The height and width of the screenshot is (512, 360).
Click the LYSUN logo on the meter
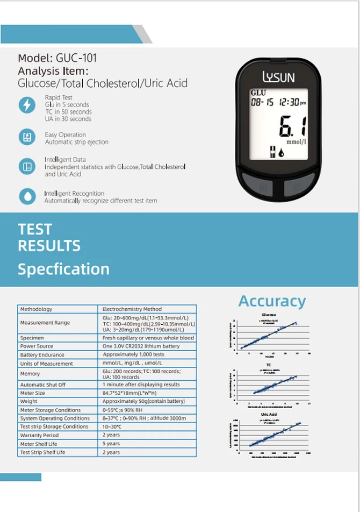(x=278, y=77)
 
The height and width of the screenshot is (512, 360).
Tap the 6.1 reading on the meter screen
(x=292, y=127)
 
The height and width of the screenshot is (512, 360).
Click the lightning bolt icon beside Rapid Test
(x=27, y=105)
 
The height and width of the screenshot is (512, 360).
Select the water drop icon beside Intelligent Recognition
(x=27, y=196)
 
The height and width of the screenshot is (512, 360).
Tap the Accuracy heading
(x=272, y=301)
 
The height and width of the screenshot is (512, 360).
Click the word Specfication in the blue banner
(x=63, y=269)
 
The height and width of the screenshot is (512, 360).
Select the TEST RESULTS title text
(x=49, y=237)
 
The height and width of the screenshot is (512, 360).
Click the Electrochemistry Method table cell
(x=132, y=309)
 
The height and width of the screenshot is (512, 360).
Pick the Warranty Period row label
(x=39, y=435)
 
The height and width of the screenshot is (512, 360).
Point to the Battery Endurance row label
(x=42, y=355)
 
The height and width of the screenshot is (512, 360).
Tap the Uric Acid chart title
(x=268, y=415)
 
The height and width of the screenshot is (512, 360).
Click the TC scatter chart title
(x=268, y=365)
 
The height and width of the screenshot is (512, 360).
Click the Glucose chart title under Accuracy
(x=269, y=315)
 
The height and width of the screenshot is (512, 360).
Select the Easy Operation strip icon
(x=27, y=137)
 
